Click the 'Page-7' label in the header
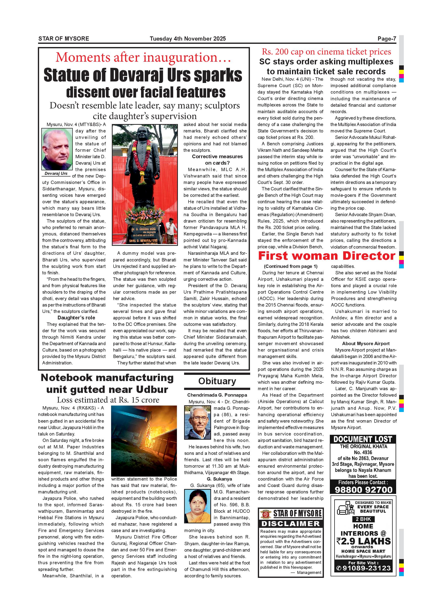click(x=386, y=39)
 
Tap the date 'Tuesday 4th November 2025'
click(x=188, y=39)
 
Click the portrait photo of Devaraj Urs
click(x=57, y=149)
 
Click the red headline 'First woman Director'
click(x=327, y=256)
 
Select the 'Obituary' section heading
click(x=217, y=381)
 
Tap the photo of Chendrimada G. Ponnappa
click(x=198, y=423)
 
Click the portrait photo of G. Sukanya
click(x=198, y=506)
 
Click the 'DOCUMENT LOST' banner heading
click(x=363, y=439)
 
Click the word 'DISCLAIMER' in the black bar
click(x=290, y=524)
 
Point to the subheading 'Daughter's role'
click(x=76, y=318)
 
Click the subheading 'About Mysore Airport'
click(x=366, y=344)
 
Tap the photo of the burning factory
click(x=144, y=441)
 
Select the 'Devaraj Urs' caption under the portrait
click(x=56, y=173)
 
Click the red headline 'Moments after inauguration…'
click(x=143, y=57)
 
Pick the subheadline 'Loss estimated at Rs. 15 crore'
click(x=108, y=400)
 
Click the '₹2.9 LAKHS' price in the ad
click(x=363, y=541)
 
